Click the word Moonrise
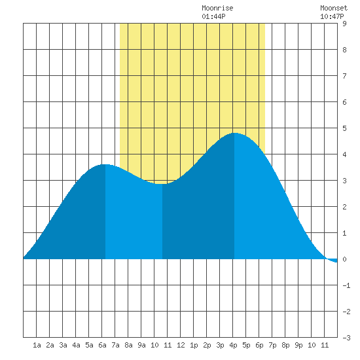click(x=217, y=8)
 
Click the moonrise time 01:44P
click(x=213, y=16)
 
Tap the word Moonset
click(x=334, y=8)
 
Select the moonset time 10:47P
click(x=332, y=16)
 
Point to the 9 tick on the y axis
click(x=344, y=24)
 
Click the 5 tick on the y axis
click(x=344, y=128)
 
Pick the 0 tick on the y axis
click(x=344, y=259)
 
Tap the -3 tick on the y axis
click(x=346, y=338)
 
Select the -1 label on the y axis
click(x=346, y=285)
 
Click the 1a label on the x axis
click(x=37, y=345)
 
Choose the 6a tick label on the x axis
click(x=102, y=345)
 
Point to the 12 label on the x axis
click(x=181, y=345)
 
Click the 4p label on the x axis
click(x=233, y=345)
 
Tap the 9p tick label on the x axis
click(x=298, y=345)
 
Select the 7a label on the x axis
click(x=115, y=345)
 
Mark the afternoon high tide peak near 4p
click(x=234, y=133)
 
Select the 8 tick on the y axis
click(x=344, y=50)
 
